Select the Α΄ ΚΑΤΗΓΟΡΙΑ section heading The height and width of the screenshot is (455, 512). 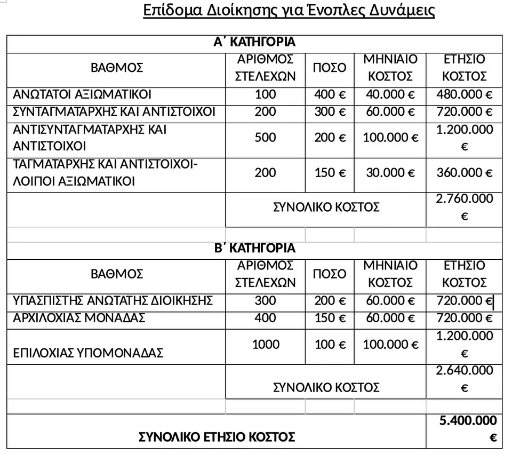point(254,42)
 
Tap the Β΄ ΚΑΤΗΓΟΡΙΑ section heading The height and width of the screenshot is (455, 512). point(254,248)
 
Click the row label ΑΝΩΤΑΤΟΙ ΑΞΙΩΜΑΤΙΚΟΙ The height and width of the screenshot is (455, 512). point(82,94)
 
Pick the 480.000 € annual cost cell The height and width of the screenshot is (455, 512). point(464,94)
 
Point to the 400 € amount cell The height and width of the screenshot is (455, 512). point(330,94)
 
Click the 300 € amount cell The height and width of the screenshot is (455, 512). point(330,111)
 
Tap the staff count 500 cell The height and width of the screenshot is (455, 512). point(265,137)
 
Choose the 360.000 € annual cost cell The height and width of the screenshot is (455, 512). point(464,172)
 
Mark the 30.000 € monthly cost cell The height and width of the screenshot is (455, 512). point(390,172)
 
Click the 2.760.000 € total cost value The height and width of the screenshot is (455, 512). point(464,207)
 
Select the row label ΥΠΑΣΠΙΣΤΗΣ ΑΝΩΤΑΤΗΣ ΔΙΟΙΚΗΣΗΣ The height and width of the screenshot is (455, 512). point(113,300)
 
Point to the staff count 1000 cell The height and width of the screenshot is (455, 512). point(265,344)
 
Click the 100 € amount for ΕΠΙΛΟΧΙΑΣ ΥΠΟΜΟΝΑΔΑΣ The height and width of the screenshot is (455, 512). point(330,344)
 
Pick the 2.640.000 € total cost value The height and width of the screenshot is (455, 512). point(464,379)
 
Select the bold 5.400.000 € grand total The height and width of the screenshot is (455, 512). point(468,429)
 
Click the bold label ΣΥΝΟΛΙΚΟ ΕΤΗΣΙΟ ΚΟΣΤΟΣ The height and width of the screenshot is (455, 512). point(217,437)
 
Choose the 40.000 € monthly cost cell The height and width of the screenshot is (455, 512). point(390,94)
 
